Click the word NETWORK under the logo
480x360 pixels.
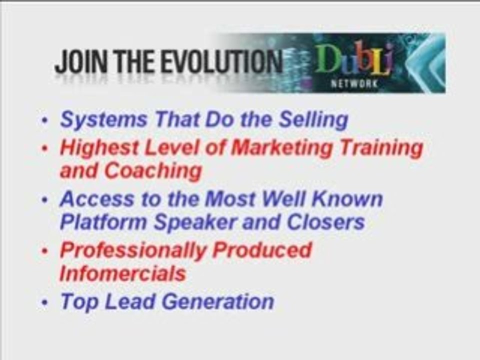pos(354,84)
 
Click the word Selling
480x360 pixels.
pos(313,120)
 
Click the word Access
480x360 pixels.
pos(97,199)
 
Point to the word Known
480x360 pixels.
pos(347,199)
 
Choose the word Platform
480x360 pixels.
pos(103,222)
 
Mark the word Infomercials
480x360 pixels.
pos(123,273)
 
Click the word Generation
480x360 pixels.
pos(217,301)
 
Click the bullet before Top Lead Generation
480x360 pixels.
pos(45,303)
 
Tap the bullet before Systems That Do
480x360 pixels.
pos(45,120)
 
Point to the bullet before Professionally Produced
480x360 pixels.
pos(45,250)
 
